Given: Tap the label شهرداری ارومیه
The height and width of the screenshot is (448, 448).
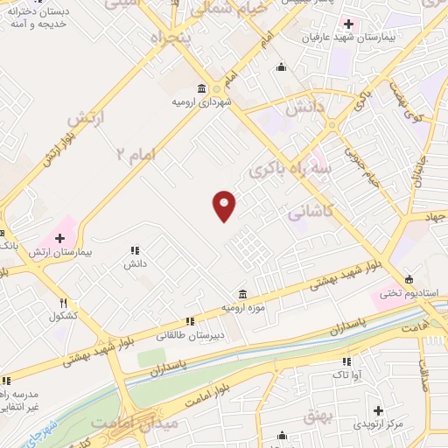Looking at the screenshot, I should pos(203,101).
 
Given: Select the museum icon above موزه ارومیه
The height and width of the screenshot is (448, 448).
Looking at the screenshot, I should pos(242,294).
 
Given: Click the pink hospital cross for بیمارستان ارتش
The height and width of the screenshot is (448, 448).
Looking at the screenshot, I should pos(60,237).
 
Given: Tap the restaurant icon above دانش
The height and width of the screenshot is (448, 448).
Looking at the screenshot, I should pos(134,250).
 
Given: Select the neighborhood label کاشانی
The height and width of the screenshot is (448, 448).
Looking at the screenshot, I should pos(310,212).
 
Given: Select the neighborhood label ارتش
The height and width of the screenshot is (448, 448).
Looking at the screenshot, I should pos(86,119).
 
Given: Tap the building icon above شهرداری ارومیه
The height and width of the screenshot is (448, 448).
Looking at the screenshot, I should pos(203,88).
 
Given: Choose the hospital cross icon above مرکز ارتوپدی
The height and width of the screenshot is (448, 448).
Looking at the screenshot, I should pos(378,410).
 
